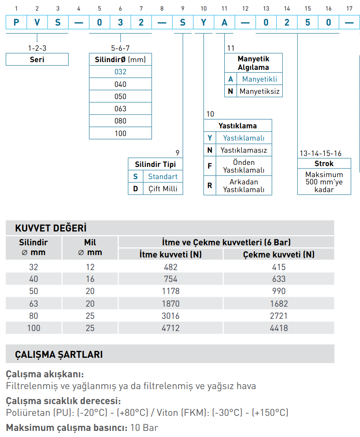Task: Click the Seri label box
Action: click(x=37, y=60)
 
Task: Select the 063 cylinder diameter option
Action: click(x=120, y=108)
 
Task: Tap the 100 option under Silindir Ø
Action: click(x=120, y=133)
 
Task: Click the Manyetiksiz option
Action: click(x=259, y=91)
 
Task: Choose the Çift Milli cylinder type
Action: click(x=163, y=189)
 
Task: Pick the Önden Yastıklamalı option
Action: click(x=243, y=166)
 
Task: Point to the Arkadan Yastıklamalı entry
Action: click(x=243, y=186)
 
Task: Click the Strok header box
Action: click(x=324, y=164)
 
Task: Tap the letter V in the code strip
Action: click(x=37, y=22)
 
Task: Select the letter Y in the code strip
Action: click(x=203, y=22)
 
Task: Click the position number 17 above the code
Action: click(x=349, y=9)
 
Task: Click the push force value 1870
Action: click(x=171, y=303)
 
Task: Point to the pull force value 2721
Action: click(x=278, y=316)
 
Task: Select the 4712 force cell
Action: click(x=171, y=328)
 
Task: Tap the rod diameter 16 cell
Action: click(x=90, y=279)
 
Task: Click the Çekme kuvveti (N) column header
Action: click(x=279, y=255)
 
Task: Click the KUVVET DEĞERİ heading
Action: click(x=51, y=228)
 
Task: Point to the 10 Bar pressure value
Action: click(x=145, y=427)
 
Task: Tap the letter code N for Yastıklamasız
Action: click(x=210, y=150)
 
